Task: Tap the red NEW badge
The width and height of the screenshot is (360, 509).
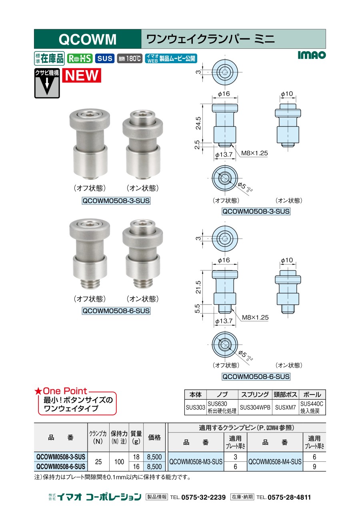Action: [x=82, y=75]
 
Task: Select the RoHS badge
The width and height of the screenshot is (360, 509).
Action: [x=80, y=58]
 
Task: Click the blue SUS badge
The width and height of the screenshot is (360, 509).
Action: [x=105, y=58]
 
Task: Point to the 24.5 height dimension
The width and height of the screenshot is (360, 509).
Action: [x=198, y=123]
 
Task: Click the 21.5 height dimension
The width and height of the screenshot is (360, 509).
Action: [x=198, y=287]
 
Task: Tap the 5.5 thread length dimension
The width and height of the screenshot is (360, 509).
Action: [x=197, y=309]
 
